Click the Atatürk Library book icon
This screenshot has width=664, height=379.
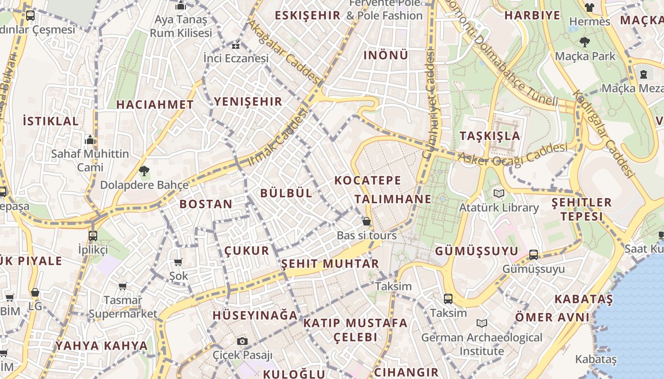coord(498,193)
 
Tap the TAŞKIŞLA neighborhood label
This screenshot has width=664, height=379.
coord(490,136)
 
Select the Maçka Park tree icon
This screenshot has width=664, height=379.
coord(585,42)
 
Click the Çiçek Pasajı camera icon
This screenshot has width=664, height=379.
coord(242,341)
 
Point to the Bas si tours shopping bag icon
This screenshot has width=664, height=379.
coord(366,221)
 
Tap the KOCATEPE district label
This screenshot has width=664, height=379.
coord(368,180)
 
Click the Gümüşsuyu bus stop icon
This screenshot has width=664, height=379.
coord(534,254)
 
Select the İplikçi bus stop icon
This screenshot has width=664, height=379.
coord(93,235)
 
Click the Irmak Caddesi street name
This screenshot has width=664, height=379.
coord(278,138)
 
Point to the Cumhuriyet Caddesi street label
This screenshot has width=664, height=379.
coord(429,104)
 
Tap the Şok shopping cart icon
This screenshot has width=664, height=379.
coord(178,262)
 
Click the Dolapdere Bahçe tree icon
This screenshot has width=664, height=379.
coord(144,171)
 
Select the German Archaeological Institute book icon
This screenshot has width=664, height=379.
coord(482,323)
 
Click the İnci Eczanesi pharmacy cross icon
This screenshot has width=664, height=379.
coord(236,45)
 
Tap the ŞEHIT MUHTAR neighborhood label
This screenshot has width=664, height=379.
coord(330,264)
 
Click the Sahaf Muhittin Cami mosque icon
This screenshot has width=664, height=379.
coord(90,140)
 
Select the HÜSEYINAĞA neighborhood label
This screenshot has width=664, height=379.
coord(255,316)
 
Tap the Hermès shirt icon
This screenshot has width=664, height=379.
coord(590,7)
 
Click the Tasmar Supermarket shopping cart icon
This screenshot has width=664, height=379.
coord(122,286)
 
